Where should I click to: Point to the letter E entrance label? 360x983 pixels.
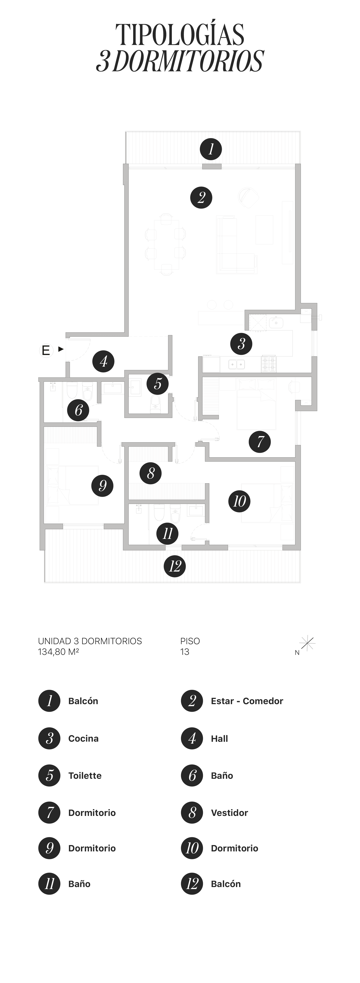tap(46, 350)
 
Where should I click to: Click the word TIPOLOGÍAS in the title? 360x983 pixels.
tap(180, 34)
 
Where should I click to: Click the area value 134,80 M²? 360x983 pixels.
tap(58, 652)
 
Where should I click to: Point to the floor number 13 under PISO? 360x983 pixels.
tap(185, 652)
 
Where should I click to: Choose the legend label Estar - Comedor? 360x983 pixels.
tap(247, 701)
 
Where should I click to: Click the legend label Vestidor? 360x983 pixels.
tap(229, 813)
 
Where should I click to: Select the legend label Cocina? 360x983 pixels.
tap(83, 738)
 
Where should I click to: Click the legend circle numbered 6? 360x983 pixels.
tap(192, 775)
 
